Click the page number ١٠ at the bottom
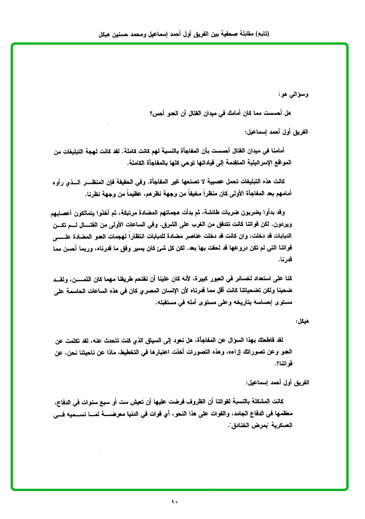174,502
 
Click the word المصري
147,291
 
